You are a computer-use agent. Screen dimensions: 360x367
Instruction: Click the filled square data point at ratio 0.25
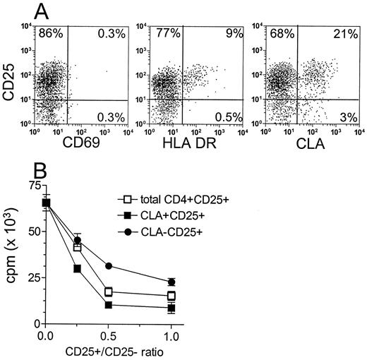tap(76, 269)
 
